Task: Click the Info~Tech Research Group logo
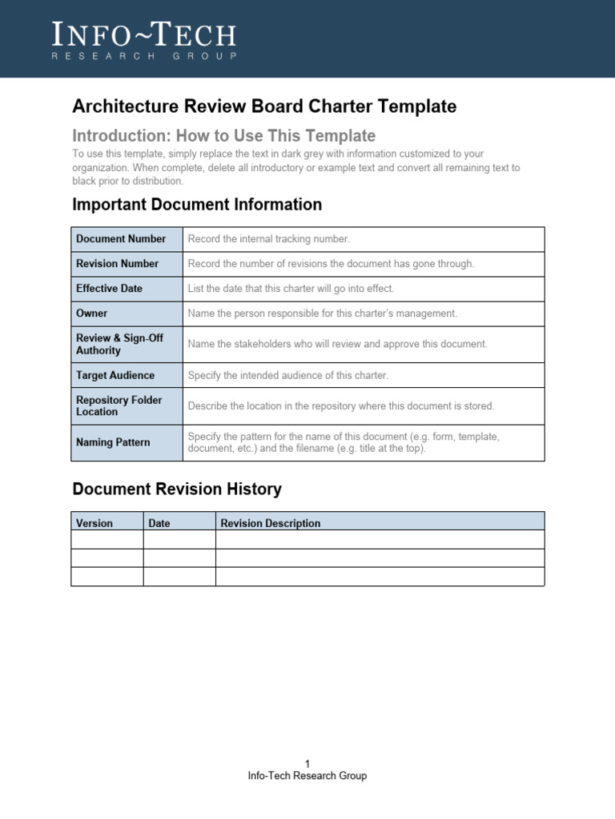click(x=144, y=40)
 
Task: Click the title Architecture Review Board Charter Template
click(x=264, y=106)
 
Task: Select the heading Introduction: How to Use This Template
click(x=223, y=135)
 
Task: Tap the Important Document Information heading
click(x=197, y=205)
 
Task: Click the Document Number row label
click(x=121, y=239)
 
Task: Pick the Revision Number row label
click(x=117, y=264)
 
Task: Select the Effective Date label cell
click(x=109, y=289)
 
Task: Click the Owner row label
click(x=91, y=314)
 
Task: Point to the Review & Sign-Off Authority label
click(x=119, y=344)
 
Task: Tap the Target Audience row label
click(x=115, y=375)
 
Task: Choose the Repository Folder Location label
click(x=119, y=406)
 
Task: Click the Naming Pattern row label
click(x=113, y=442)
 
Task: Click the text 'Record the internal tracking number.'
click(x=269, y=239)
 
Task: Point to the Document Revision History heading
click(x=177, y=489)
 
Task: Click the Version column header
click(x=94, y=523)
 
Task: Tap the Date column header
click(x=159, y=523)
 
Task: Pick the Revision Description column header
click(x=271, y=523)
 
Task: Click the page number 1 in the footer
click(x=307, y=764)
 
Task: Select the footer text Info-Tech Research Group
click(x=307, y=776)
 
